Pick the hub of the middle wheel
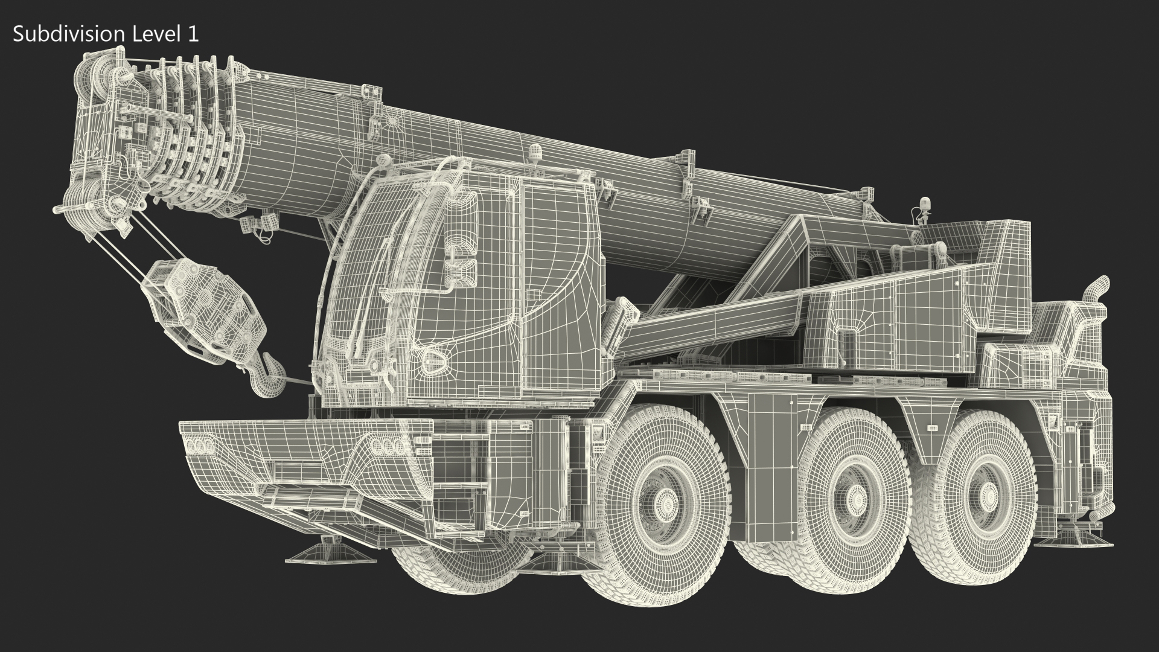pyautogui.click(x=858, y=499)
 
